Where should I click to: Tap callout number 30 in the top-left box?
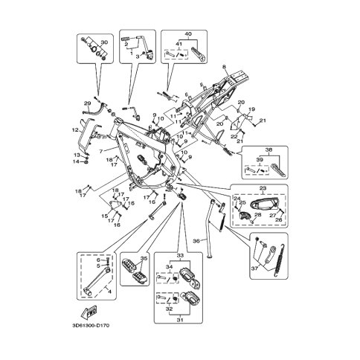pyautogui.click(x=103, y=42)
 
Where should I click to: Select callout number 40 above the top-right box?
pyautogui.click(x=187, y=33)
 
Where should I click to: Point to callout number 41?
pyautogui.click(x=179, y=43)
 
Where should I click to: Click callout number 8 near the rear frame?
pyautogui.click(x=222, y=68)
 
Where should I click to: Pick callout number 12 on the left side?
pyautogui.click(x=75, y=130)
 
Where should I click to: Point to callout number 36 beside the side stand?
pyautogui.click(x=196, y=240)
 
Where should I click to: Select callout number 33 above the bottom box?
pyautogui.click(x=179, y=254)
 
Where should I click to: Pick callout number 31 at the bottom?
pyautogui.click(x=179, y=321)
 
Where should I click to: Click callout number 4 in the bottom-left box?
pyautogui.click(x=112, y=292)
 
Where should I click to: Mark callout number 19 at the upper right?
pyautogui.click(x=251, y=109)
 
